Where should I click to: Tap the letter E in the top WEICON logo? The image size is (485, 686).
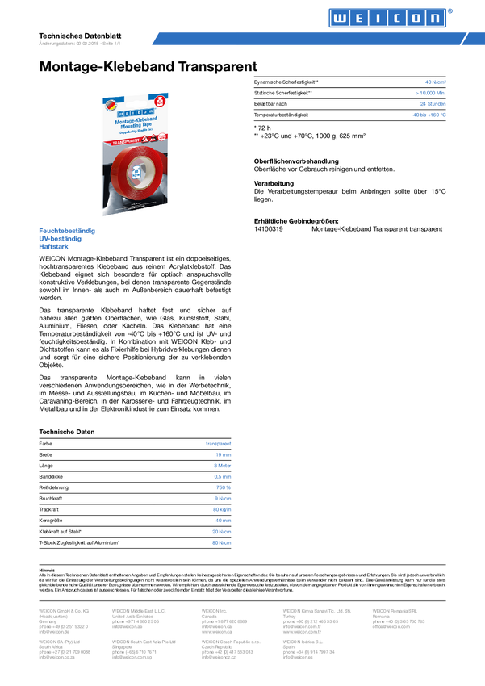pos(357,18)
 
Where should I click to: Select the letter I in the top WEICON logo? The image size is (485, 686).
pos(376,18)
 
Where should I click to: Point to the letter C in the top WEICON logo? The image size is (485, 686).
pos(395,18)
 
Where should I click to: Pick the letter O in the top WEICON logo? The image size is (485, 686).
pos(415,18)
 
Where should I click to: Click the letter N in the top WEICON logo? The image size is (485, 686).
pos(434,18)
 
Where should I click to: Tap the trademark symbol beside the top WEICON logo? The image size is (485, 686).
pos(450,10)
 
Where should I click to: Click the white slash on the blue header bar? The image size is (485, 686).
pos(463,39)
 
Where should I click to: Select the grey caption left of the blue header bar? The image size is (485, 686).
pos(79,43)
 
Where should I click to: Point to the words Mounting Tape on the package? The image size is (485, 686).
pos(135,127)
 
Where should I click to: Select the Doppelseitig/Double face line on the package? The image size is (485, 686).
pos(135,133)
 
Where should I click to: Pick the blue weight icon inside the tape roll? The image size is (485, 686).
pos(136,173)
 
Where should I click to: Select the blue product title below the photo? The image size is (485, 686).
pos(67,232)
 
